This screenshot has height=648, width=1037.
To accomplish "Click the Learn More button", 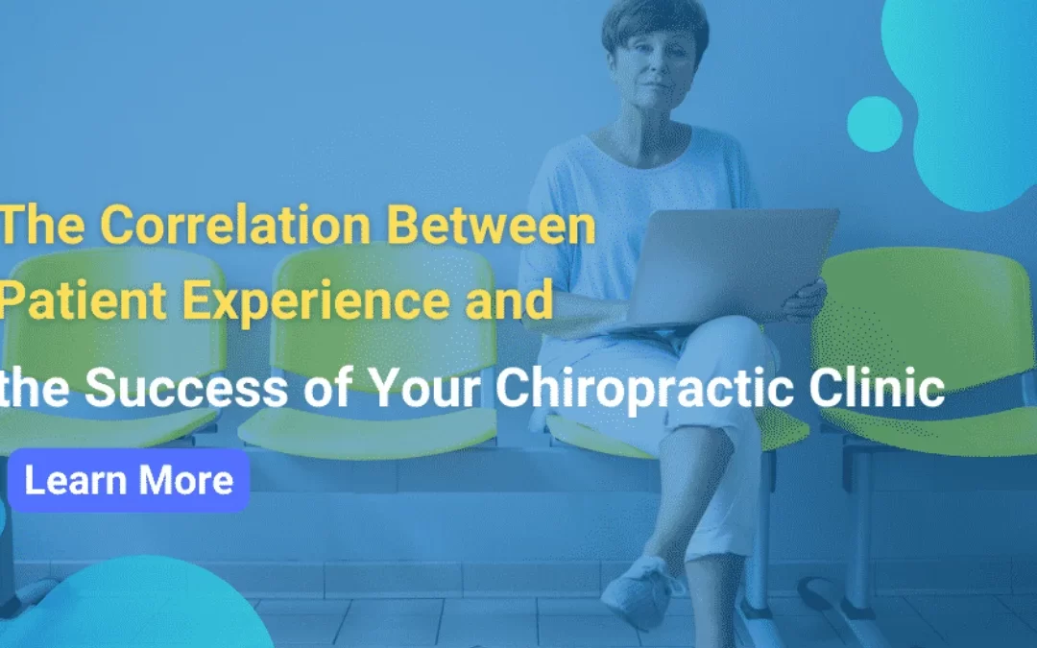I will pos(128,480).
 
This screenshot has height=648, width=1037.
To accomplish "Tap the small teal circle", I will pos(874,124).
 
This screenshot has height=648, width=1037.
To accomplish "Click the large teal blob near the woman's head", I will pos(970,86).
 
